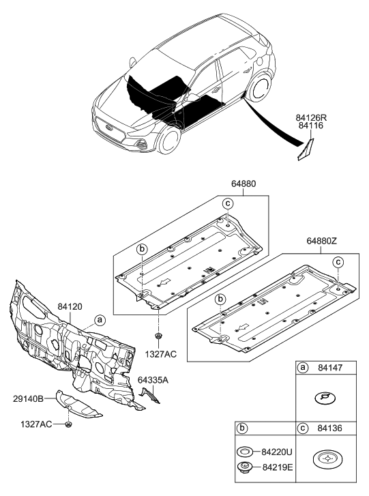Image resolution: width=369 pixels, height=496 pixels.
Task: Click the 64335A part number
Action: (x=153, y=380)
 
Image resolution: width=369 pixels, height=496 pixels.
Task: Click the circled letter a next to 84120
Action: (x=100, y=319)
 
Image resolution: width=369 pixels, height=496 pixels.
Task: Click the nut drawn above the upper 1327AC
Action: (x=158, y=338)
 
